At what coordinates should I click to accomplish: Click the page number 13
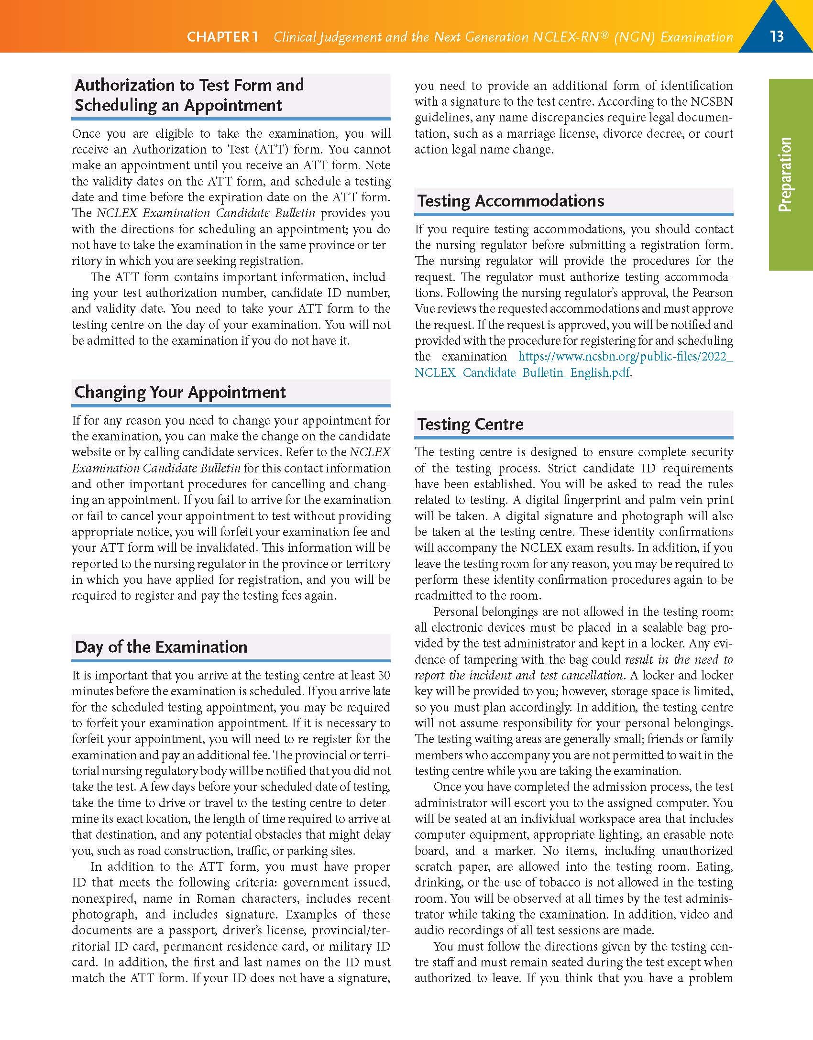pos(777,36)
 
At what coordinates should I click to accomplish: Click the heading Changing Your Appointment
pos(180,392)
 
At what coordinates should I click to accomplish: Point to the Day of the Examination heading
pos(161,647)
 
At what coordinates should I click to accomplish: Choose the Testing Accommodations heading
pos(511,201)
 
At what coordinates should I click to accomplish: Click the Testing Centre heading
pos(471,424)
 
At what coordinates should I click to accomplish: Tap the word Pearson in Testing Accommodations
pos(709,293)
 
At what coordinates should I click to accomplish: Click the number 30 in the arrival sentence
pos(384,675)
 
